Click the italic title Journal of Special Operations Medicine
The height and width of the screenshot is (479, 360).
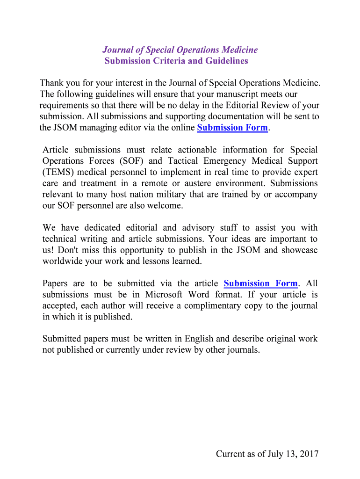click(180, 50)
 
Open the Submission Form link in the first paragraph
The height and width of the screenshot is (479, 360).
click(232, 128)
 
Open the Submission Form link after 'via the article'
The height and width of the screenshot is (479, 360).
click(260, 283)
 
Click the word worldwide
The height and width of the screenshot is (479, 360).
click(63, 261)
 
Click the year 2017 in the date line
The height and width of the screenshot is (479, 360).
click(309, 454)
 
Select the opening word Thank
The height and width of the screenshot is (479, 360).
click(52, 83)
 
